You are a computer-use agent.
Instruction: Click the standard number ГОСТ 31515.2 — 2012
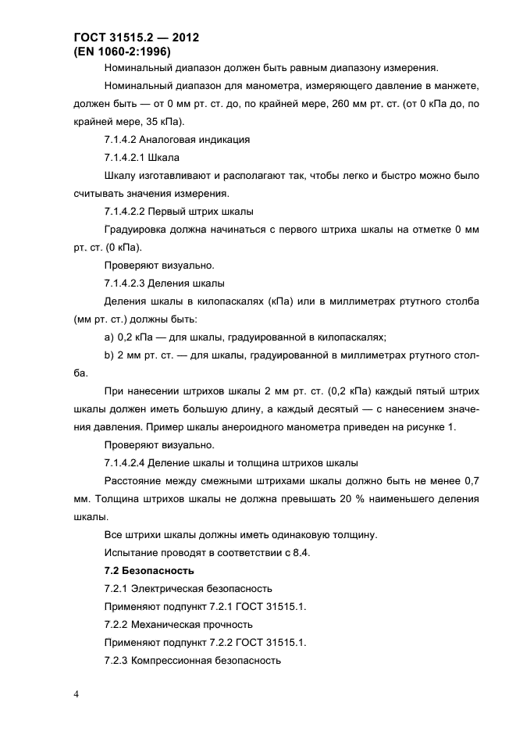[137, 37]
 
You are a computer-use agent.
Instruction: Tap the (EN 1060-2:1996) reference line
[122, 51]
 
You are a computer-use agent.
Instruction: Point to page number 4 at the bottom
[77, 694]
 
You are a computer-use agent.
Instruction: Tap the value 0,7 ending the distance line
[471, 480]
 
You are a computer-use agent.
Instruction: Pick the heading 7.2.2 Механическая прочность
[178, 624]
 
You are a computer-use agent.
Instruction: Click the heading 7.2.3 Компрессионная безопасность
[191, 660]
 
